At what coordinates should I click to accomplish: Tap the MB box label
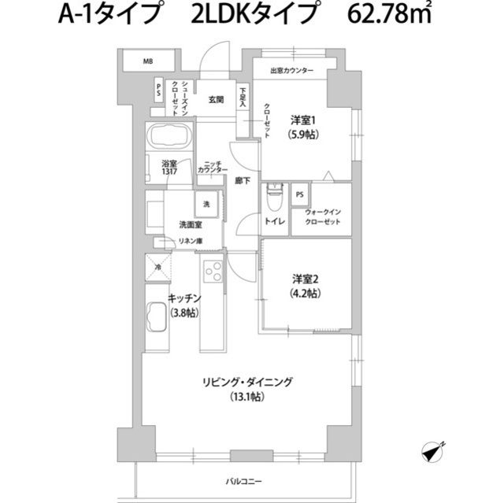point(147,61)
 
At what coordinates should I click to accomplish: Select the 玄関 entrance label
point(217,100)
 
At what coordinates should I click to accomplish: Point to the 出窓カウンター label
point(292,72)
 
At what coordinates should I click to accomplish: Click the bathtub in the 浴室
point(169,139)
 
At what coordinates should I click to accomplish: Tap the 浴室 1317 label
point(159,168)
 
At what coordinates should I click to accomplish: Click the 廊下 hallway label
point(243,181)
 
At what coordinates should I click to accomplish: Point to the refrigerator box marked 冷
point(157,268)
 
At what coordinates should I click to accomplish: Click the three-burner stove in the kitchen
point(213,271)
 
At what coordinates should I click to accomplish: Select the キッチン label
point(186,298)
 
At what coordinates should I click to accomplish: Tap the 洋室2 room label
point(306,279)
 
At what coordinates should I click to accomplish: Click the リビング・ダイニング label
point(246,382)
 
